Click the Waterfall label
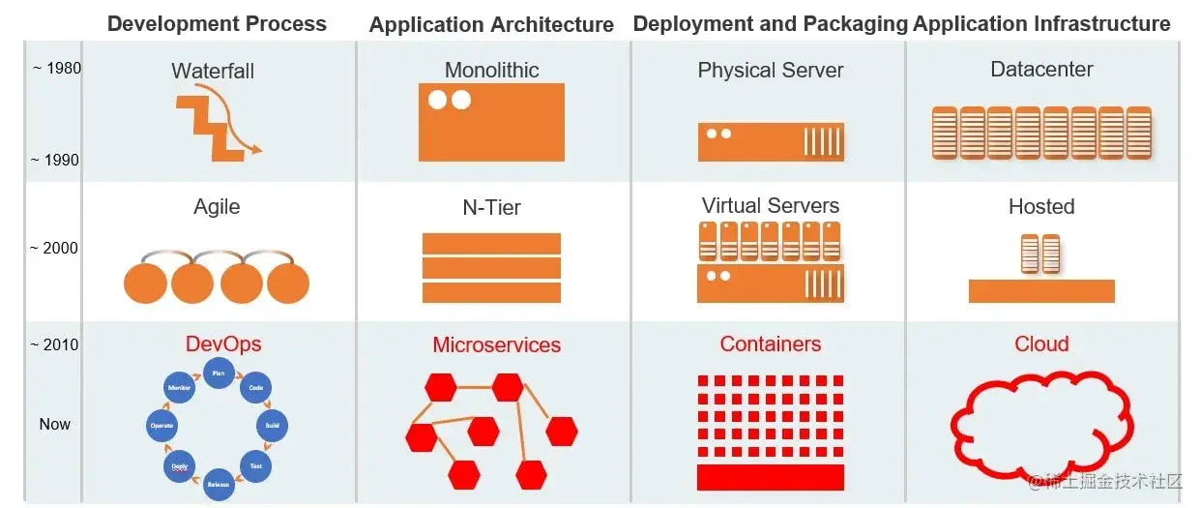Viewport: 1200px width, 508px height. coord(213,71)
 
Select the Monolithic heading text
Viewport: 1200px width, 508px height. coord(491,70)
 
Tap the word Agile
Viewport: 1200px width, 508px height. coord(217,206)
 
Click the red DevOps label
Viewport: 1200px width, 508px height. coord(223,344)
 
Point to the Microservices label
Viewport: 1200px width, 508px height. coord(496,345)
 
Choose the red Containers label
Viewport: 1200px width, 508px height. coord(771,344)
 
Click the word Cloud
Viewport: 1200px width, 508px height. coord(1041,344)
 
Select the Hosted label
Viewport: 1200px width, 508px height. coord(1041,206)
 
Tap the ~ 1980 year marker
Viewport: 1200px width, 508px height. coord(56,68)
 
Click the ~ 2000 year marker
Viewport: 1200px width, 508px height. coord(54,248)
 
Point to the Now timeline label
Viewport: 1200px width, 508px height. coord(55,424)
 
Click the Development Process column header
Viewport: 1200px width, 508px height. coord(217,24)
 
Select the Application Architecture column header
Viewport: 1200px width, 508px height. coord(491,25)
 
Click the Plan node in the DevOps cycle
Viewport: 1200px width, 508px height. coord(219,373)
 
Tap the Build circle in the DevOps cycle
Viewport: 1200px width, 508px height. coord(272,425)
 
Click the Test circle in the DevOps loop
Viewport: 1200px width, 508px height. coord(256,465)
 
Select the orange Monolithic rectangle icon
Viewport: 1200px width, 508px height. coord(491,122)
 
